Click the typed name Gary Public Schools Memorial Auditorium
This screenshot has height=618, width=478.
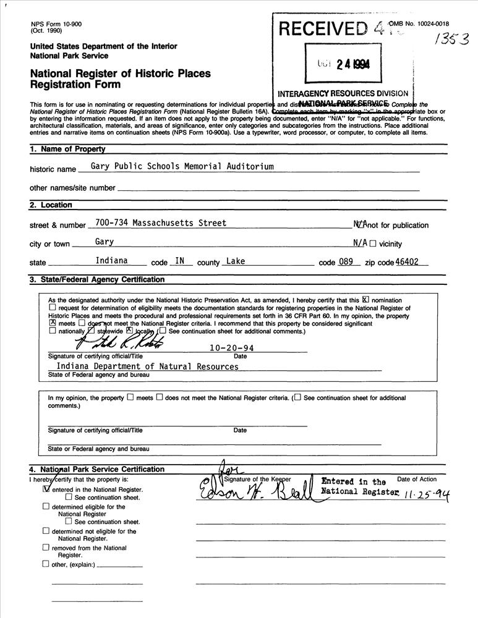[x=182, y=167]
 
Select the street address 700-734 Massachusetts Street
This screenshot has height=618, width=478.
[x=161, y=223]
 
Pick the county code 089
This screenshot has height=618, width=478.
[x=346, y=261]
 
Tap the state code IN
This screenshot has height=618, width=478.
[x=180, y=261]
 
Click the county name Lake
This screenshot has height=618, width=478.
[x=236, y=261]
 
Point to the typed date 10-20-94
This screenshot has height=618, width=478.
[x=232, y=348]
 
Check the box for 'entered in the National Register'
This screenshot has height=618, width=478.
[x=46, y=488]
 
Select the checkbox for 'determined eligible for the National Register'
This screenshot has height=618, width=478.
[x=46, y=506]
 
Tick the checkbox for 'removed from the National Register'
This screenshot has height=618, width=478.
[x=46, y=547]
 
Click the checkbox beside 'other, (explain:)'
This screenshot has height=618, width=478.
[x=46, y=564]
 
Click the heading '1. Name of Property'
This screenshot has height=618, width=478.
[x=67, y=149]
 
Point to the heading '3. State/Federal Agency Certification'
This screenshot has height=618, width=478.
[x=97, y=279]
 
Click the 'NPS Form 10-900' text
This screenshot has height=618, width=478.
[x=55, y=23]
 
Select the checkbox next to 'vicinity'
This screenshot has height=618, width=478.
[x=373, y=243]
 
